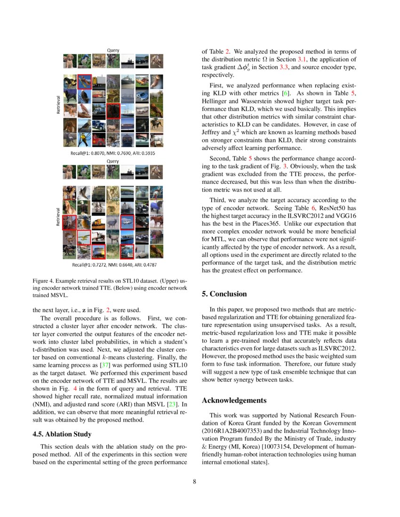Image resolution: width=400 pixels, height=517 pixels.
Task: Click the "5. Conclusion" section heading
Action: pos(224,294)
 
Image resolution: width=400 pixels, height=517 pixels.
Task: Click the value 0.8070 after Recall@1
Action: pos(99,153)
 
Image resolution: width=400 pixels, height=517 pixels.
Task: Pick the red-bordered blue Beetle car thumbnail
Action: pos(127,251)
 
